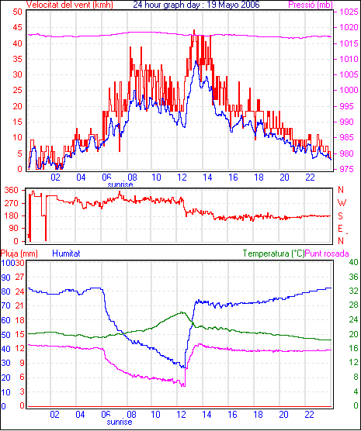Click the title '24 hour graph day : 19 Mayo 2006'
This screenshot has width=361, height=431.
click(x=196, y=5)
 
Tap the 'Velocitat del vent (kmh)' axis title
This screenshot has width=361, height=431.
click(x=70, y=5)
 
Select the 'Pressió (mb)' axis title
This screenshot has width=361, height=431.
click(x=311, y=5)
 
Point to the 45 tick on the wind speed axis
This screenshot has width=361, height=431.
click(x=17, y=27)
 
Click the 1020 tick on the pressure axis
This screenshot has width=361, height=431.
click(x=349, y=27)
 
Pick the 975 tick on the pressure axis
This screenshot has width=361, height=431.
click(x=349, y=169)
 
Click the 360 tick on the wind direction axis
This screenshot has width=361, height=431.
click(x=12, y=190)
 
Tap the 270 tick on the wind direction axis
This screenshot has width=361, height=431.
click(x=12, y=203)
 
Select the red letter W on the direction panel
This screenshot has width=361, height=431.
click(x=342, y=203)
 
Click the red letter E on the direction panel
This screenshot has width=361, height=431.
click(x=341, y=229)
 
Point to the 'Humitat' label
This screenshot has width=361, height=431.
click(x=66, y=253)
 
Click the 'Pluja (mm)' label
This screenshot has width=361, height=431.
click(x=19, y=253)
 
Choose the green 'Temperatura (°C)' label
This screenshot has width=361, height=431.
click(x=274, y=253)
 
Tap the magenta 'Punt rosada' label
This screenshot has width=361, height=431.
click(x=327, y=253)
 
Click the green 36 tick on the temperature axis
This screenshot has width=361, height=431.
click(x=353, y=277)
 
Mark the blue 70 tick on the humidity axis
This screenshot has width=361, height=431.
click(x=5, y=305)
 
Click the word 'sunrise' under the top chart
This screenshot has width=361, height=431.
click(x=120, y=184)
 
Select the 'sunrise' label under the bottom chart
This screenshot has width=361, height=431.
click(x=120, y=422)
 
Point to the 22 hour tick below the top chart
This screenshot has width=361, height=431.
click(x=310, y=178)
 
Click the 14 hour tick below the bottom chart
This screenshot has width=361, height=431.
click(x=207, y=414)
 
